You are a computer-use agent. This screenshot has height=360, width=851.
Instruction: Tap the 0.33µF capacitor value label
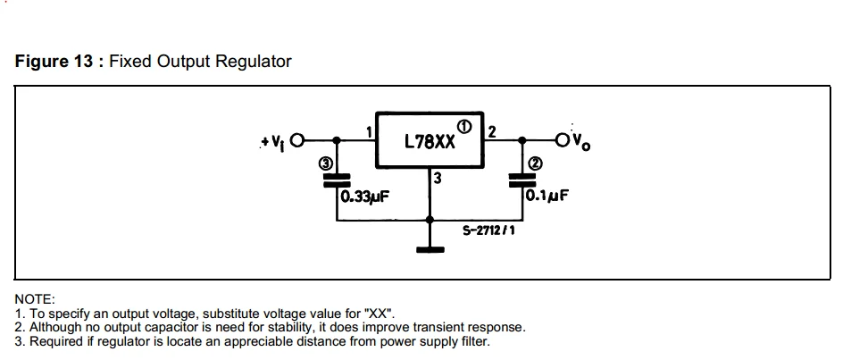(x=363, y=196)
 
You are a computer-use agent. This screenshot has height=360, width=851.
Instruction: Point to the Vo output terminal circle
(x=562, y=140)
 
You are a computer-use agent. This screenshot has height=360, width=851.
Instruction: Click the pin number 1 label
(x=369, y=131)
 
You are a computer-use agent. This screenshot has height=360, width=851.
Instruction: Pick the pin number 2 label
(x=492, y=131)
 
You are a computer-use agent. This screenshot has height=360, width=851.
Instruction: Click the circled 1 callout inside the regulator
(x=464, y=124)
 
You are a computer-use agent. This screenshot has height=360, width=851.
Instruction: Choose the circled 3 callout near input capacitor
(x=327, y=163)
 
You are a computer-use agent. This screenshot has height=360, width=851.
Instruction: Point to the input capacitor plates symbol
(x=337, y=179)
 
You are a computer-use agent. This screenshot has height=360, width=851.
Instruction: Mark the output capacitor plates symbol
(x=521, y=179)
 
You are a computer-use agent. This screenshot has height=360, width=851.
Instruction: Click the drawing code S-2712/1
(x=488, y=230)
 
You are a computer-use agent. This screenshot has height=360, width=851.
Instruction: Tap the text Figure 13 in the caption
(x=55, y=62)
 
